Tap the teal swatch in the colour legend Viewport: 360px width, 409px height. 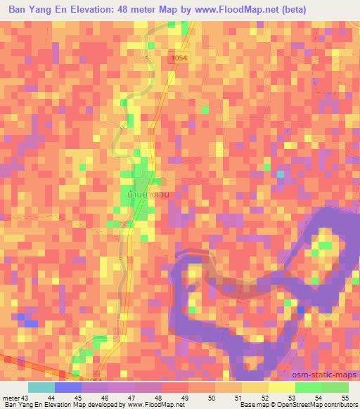tap(41, 387)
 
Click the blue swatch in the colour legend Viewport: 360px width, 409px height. tap(67, 387)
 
